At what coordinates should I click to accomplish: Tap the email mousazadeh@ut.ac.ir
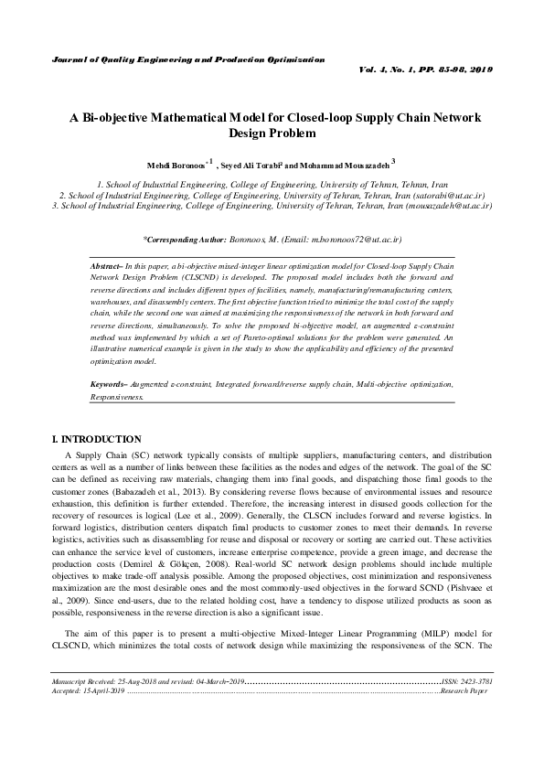pyautogui.click(x=446, y=207)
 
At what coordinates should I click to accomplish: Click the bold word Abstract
pyautogui.click(x=106, y=264)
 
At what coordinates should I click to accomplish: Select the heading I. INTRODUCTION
pyautogui.click(x=98, y=439)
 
